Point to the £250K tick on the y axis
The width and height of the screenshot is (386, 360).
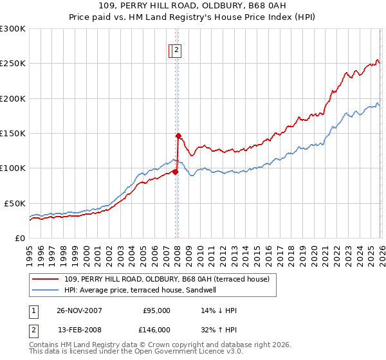[13, 64]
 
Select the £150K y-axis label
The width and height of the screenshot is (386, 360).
[13, 134]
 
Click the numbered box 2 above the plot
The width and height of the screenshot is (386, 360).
[176, 51]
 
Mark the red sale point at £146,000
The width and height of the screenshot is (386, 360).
[178, 136]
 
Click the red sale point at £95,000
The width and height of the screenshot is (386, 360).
[175, 172]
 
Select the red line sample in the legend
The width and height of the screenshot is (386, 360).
[46, 279]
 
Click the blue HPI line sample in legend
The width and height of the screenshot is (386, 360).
[46, 290]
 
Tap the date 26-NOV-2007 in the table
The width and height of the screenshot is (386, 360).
[78, 310]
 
